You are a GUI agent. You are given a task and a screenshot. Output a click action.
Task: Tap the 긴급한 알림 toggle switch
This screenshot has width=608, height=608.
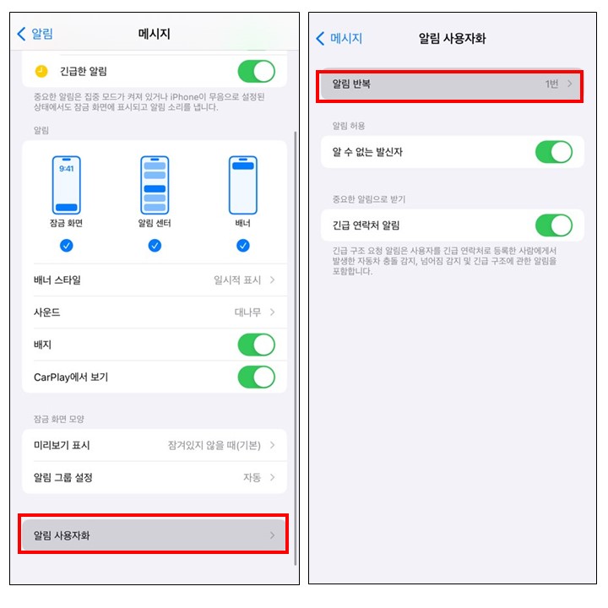point(257,71)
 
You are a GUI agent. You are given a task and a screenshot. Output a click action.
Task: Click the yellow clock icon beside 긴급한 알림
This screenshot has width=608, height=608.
point(41,71)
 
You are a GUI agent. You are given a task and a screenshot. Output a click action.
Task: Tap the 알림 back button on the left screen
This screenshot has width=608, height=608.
point(35,34)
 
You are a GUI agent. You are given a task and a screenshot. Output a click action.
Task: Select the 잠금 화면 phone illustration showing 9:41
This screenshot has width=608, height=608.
point(67,185)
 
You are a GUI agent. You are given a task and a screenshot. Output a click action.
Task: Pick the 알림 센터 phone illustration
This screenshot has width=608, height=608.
point(155,185)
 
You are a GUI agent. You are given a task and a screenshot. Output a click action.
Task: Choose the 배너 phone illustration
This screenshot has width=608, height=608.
point(242,185)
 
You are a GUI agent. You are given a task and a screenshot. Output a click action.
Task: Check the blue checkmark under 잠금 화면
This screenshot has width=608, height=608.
point(67,246)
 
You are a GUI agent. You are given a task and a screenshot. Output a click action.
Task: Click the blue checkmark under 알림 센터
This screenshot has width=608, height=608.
point(155,246)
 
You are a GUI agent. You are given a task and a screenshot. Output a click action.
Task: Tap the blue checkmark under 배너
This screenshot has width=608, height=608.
point(242,246)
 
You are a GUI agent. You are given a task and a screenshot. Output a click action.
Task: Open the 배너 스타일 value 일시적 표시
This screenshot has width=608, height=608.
point(237,280)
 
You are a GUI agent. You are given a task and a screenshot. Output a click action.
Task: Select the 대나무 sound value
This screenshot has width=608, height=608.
point(247,312)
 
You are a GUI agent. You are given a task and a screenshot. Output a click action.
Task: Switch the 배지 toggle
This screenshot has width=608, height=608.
point(257,345)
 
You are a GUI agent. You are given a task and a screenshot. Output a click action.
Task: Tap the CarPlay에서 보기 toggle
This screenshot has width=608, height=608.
point(257,377)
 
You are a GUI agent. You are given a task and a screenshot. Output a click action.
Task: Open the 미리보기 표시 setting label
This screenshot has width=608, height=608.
point(62,445)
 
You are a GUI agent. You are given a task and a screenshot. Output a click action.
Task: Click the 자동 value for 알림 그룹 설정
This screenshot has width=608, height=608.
point(252,477)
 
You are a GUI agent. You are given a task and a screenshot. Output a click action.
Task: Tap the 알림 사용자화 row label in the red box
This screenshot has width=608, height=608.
point(62,535)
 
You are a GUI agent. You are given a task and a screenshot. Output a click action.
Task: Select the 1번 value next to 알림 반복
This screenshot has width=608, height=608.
point(551,84)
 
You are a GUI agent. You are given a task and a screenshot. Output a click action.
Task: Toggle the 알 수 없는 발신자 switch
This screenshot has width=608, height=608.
point(554,152)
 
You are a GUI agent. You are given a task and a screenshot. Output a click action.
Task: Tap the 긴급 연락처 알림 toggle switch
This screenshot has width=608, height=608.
point(554,225)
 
